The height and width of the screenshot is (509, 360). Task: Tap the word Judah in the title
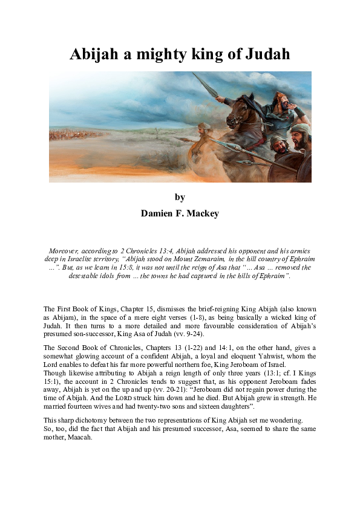[266, 54]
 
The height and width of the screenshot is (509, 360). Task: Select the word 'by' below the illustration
[180, 197]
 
